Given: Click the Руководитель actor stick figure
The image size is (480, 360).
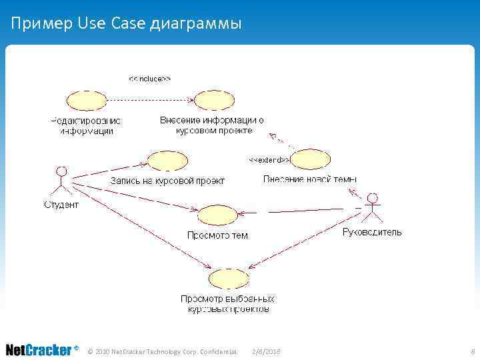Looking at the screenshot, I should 373,207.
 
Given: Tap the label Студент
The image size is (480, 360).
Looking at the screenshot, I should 61,205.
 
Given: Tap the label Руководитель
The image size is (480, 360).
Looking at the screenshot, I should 372,232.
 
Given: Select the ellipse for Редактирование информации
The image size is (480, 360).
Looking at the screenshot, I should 86,101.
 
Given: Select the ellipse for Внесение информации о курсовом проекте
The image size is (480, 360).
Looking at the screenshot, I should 213,101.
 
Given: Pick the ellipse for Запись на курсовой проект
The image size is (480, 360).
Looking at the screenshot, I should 167,161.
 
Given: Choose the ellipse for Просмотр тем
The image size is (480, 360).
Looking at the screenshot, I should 218,215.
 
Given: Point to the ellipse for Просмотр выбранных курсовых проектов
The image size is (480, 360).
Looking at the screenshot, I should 229,279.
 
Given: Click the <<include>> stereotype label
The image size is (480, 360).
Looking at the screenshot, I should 150,79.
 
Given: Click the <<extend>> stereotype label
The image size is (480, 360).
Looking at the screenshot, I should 269,160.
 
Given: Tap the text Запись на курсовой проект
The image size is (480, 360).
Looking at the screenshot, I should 167,181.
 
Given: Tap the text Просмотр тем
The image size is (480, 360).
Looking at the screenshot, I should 217,235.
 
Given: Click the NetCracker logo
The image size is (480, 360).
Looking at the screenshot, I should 41,350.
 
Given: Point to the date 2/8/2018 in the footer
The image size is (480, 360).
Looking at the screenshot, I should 267,351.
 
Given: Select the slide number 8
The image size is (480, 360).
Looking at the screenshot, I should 472,351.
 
